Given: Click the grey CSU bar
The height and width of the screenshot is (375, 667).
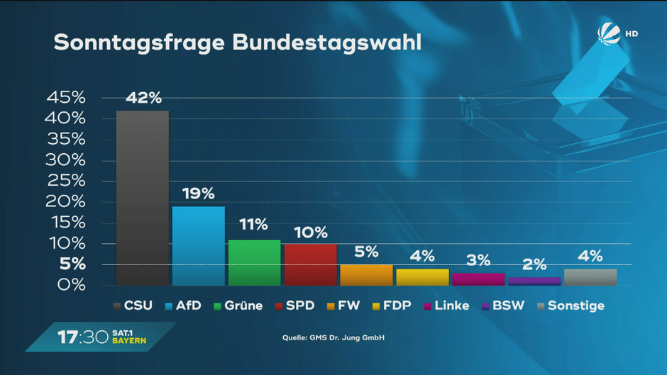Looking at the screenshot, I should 142,198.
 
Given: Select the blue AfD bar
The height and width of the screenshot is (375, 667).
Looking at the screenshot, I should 199,245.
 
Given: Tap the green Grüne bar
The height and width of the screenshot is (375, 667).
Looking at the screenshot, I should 254,262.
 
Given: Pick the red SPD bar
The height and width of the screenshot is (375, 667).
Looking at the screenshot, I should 310,264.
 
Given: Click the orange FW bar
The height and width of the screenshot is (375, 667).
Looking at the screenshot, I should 366,275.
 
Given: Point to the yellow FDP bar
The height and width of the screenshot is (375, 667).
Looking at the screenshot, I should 422,277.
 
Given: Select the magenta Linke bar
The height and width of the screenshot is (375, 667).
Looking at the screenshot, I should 478,279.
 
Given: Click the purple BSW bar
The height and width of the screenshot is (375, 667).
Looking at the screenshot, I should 534,281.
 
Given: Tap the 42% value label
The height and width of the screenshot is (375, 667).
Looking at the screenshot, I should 143,98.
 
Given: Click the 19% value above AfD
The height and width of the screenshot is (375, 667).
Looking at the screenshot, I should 199,194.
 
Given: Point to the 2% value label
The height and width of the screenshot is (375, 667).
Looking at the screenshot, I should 534,265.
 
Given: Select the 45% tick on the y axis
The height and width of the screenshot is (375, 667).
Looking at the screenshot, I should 65,98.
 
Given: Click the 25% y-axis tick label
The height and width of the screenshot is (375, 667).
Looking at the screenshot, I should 65,181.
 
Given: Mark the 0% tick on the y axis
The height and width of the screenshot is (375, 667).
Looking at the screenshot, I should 71,285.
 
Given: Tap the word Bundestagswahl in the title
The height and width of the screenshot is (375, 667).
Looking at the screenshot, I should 326,43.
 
